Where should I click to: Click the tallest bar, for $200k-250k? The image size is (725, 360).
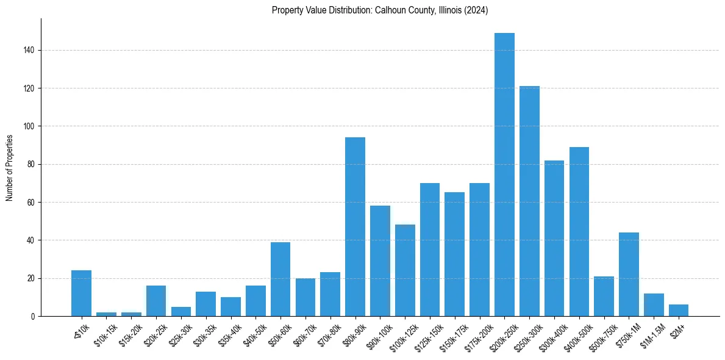(504, 175)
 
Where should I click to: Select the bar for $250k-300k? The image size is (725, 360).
(529, 201)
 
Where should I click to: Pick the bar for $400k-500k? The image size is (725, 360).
(579, 232)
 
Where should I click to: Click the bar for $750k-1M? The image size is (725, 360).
(629, 275)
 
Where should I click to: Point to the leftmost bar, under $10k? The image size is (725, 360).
(81, 293)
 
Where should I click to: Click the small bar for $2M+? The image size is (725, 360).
(679, 311)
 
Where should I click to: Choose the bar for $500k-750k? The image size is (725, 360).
(604, 297)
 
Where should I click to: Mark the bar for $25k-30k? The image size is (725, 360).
(180, 312)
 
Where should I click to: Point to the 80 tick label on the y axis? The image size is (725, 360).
(32, 164)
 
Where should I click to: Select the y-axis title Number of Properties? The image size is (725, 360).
(9, 167)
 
